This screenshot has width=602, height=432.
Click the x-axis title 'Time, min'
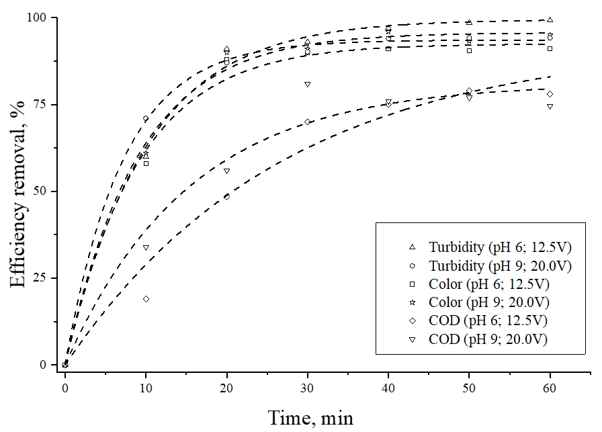tap(311, 417)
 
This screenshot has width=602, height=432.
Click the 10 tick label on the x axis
tap(146, 386)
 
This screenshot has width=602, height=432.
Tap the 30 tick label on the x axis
tap(307, 386)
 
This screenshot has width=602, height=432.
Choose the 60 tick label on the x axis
tap(550, 386)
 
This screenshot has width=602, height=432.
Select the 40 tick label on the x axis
tap(388, 386)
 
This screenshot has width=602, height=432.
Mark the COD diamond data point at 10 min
tap(146, 299)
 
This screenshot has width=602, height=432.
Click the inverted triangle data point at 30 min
tap(307, 84)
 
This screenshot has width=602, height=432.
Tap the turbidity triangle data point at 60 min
tap(550, 19)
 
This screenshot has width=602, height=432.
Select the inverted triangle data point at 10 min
tap(146, 247)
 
